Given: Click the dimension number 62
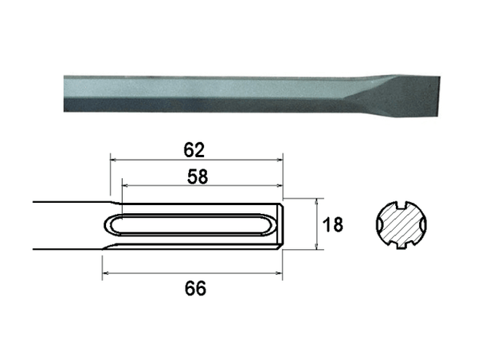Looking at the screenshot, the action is coord(194,150).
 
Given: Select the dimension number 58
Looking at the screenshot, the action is coord(198,176).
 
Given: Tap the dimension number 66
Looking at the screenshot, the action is coord(195,288).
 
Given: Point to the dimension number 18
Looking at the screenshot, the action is coord(332,224).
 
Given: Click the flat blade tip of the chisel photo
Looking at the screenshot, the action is coord(439,97).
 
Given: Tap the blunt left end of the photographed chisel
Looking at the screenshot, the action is coord(65,93).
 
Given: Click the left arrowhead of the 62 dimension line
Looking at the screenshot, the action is coord(114,160).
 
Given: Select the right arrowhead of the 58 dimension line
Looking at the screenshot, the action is coord(279,185).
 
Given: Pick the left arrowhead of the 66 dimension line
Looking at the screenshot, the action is coord(106,273).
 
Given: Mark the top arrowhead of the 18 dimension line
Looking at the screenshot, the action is coord(317,201).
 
